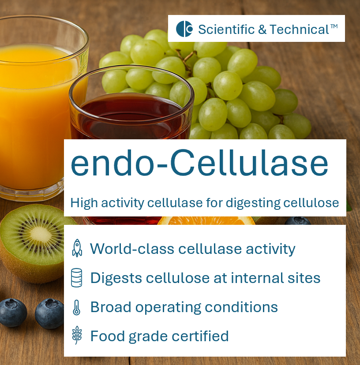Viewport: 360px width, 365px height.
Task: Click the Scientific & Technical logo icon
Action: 184,29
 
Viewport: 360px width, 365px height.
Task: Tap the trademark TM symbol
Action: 334,26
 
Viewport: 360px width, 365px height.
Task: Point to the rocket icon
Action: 77,248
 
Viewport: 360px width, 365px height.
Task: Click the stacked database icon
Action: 77,278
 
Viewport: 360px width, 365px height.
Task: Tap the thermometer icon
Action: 77,307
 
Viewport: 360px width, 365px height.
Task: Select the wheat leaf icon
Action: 77,336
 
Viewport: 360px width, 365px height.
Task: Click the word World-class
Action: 131,249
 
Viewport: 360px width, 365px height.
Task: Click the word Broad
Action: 109,307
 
